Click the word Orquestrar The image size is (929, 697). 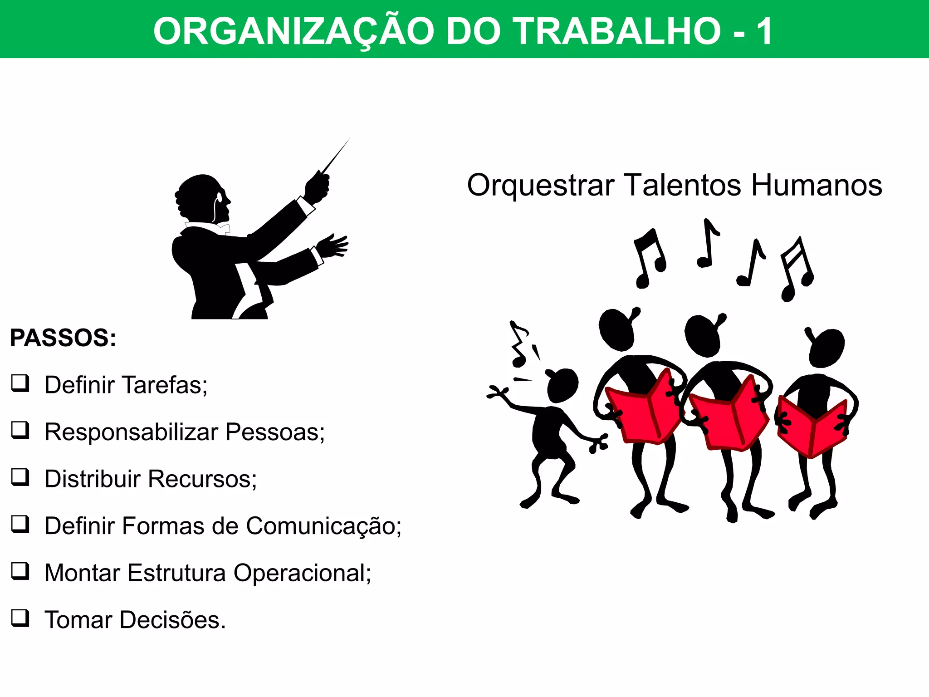tap(541, 186)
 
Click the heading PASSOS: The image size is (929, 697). tap(63, 338)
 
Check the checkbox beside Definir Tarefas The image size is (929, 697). tap(20, 383)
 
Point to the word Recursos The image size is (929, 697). tap(202, 479)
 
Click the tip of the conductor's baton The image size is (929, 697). tap(349, 140)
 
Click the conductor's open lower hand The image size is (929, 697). tap(333, 245)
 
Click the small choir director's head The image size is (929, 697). tap(562, 385)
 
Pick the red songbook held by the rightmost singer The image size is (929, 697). tap(812, 427)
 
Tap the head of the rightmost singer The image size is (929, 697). tap(826, 347)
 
